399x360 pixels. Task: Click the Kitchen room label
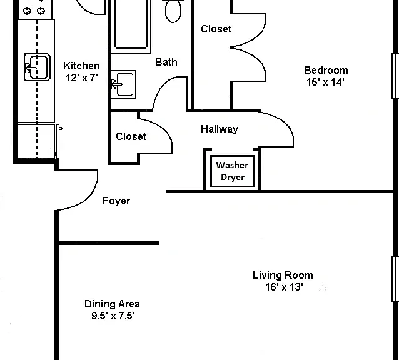[81, 66]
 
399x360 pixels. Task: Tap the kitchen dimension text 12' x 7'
[82, 77]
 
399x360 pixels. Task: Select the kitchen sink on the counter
[37, 67]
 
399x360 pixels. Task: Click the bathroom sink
[123, 84]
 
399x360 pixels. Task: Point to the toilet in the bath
[173, 11]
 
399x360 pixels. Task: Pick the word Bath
[166, 62]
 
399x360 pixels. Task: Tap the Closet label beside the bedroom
[216, 29]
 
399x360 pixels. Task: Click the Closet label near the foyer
[131, 136]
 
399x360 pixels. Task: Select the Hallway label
[220, 129]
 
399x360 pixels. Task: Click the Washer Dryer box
[232, 171]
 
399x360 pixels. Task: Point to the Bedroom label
[326, 70]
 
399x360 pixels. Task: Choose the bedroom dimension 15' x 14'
[325, 82]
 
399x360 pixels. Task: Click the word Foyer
[116, 201]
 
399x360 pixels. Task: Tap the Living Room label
[283, 276]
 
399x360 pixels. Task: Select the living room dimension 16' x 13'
[284, 287]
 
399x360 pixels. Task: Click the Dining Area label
[112, 304]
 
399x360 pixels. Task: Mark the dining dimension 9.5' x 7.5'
[113, 316]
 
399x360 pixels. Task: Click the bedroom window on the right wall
[395, 76]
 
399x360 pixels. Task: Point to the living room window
[395, 279]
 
